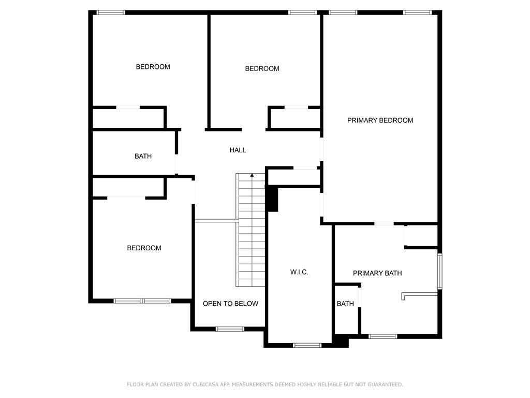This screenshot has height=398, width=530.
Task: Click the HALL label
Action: (238, 150)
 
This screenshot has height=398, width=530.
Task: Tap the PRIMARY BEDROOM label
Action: (380, 120)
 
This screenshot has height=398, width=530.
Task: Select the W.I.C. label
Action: (299, 272)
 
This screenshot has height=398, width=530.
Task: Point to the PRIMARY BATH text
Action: (377, 273)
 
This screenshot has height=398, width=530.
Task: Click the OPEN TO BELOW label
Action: (230, 304)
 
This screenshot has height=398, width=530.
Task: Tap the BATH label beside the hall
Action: (143, 156)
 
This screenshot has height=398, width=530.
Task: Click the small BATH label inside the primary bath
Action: (345, 304)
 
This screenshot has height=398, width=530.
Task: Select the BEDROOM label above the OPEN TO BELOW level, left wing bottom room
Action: (144, 248)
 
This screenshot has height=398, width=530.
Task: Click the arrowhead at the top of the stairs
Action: (252, 175)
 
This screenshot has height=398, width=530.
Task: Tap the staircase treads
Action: (252, 230)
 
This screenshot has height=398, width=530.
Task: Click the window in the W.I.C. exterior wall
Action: (307, 345)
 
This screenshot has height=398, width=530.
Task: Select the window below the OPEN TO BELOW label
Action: (230, 329)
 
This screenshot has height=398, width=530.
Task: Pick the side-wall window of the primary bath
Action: (440, 272)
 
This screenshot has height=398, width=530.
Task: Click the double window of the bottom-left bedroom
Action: (142, 301)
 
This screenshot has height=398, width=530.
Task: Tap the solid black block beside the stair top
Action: (272, 200)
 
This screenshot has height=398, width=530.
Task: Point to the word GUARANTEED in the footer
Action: (385, 385)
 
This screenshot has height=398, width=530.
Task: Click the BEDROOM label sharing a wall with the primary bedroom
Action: (262, 69)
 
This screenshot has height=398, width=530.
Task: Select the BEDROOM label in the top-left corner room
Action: (153, 67)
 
